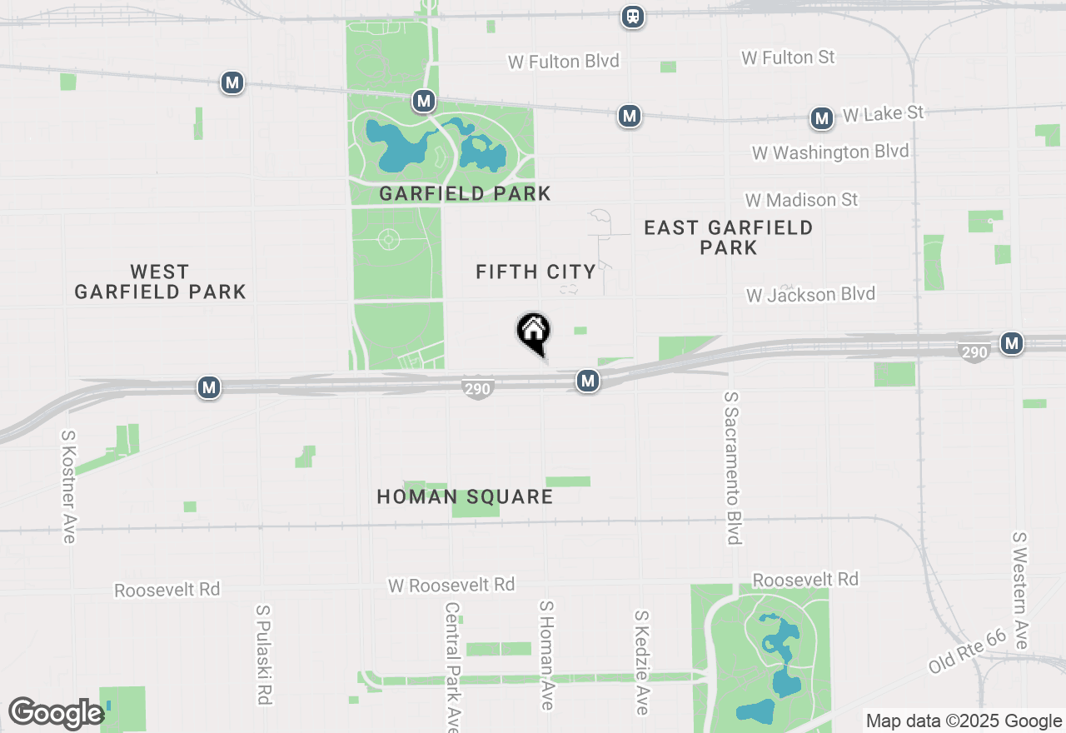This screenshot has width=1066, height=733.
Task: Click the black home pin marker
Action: (x=534, y=332)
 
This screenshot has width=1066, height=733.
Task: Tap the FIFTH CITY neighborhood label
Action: (x=535, y=272)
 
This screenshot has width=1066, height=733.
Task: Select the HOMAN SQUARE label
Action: (x=465, y=496)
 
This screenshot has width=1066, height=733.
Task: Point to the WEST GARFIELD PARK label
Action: (x=160, y=282)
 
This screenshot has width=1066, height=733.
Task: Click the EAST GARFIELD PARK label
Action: (x=729, y=237)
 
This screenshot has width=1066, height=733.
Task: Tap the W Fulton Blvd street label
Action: (x=565, y=61)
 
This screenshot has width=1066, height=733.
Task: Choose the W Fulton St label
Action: (x=788, y=57)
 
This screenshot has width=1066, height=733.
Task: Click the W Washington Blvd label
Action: (x=830, y=152)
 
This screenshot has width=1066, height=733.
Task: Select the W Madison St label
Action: (x=801, y=200)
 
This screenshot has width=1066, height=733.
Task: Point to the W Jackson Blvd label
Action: (x=810, y=295)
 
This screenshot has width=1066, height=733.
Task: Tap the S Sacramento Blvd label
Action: (x=733, y=468)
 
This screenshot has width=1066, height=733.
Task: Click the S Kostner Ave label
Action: (x=69, y=486)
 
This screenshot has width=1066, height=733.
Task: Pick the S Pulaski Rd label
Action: (x=264, y=655)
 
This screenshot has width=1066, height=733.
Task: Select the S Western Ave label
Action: (x=1021, y=591)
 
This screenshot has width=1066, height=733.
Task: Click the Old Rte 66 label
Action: (x=968, y=651)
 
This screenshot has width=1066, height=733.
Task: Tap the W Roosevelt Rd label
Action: (x=451, y=585)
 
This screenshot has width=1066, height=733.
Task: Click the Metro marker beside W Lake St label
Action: (x=822, y=119)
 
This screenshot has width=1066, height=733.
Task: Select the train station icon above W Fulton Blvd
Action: (x=633, y=16)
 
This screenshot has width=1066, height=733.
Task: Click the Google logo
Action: (x=56, y=713)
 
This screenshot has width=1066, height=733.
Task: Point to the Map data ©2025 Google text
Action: (x=964, y=721)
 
